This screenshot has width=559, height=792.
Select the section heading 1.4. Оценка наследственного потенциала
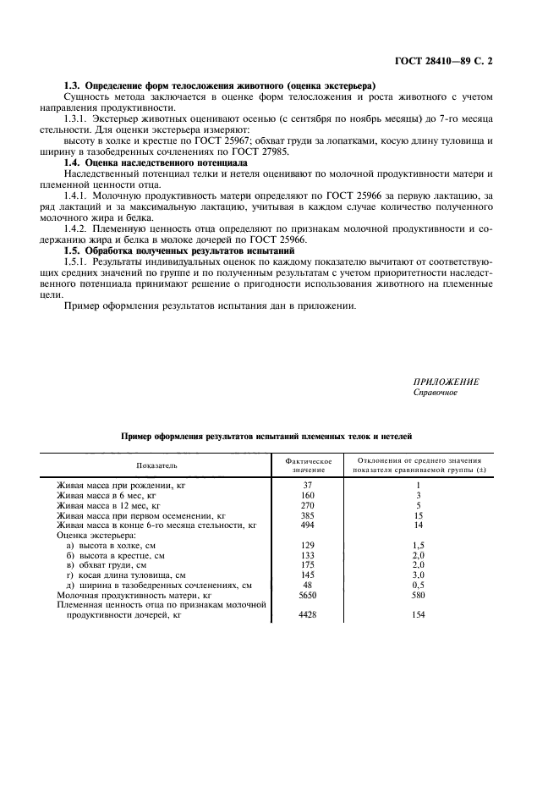[156, 162]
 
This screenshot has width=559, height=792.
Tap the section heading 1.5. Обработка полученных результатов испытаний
[179, 251]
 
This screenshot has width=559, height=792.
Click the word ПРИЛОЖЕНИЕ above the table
[446, 382]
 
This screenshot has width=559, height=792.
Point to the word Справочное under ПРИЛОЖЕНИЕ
[435, 393]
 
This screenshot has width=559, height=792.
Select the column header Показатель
[156, 465]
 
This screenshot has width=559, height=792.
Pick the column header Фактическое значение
[308, 465]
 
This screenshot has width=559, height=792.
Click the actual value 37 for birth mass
[308, 486]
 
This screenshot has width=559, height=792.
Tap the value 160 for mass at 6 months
[308, 496]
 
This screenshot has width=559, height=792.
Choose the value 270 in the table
[308, 505]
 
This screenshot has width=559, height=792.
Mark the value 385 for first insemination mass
[308, 515]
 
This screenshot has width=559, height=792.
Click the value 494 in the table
[308, 525]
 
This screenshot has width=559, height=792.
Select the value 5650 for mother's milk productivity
[308, 596]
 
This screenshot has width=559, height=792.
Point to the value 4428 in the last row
[308, 615]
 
